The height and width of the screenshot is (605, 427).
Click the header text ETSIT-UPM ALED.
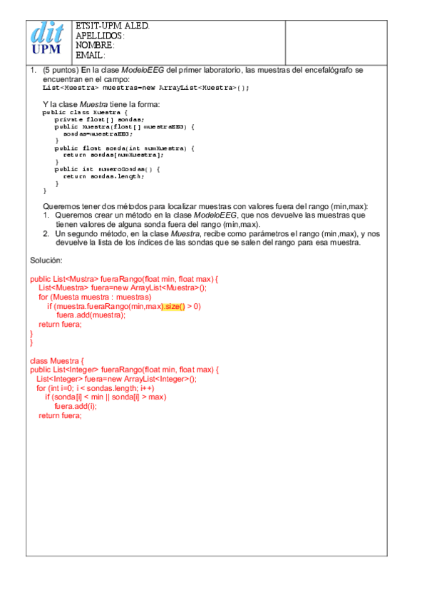(113, 26)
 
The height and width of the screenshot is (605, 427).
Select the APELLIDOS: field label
(101, 36)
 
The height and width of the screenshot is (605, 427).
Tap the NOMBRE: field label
(95, 45)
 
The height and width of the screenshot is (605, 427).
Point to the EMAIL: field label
(91, 55)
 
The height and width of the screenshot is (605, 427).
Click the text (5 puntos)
(61, 71)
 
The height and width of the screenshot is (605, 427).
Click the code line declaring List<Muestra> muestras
(146, 88)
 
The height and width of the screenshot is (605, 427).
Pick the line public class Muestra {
(85, 113)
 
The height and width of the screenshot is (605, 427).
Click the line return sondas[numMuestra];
(113, 155)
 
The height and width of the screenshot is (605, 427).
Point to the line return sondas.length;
(103, 176)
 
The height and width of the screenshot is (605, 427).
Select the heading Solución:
(46, 260)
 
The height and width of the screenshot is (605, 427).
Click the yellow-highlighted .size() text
(174, 306)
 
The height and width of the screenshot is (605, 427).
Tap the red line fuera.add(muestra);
(91, 315)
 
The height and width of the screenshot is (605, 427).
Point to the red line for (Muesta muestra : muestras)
(95, 297)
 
